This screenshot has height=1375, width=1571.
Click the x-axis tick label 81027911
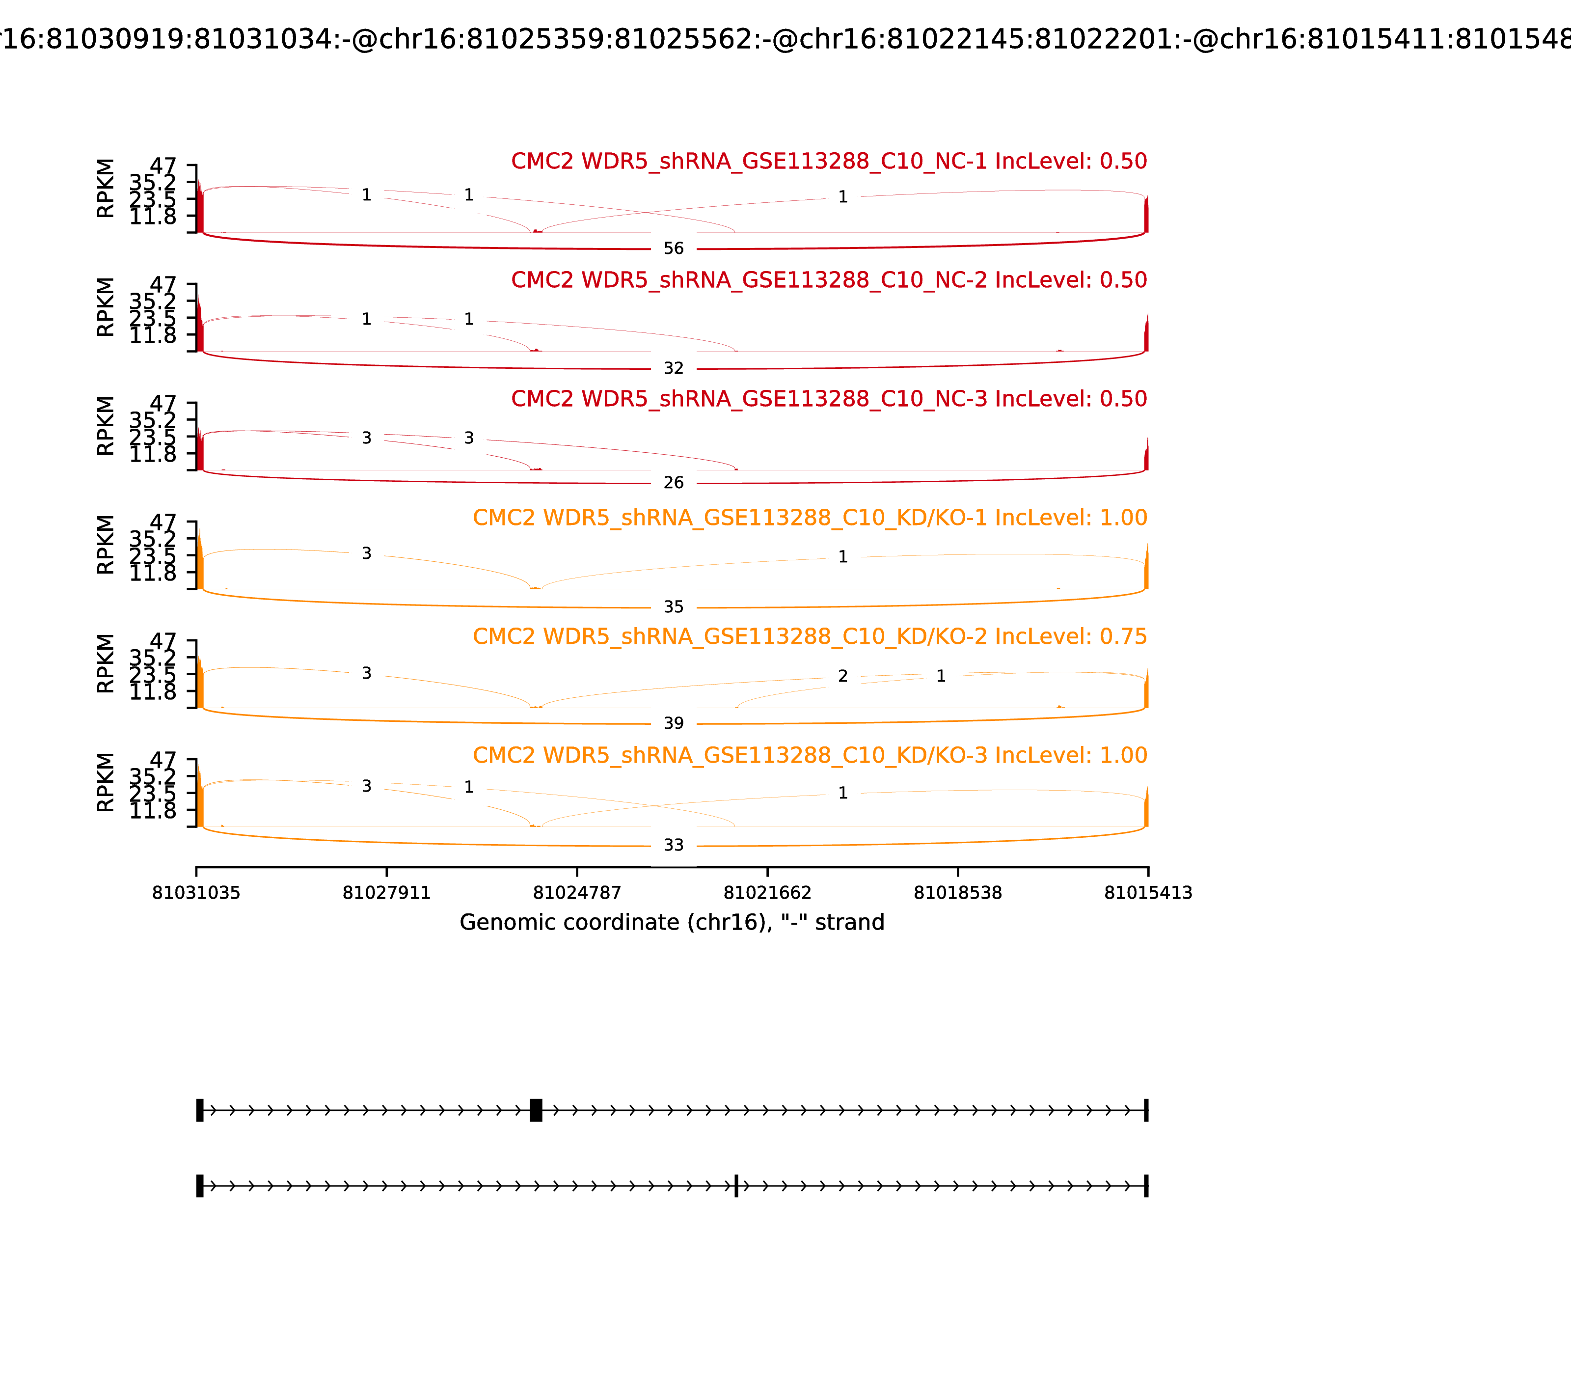[387, 893]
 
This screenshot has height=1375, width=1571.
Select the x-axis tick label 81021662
[767, 893]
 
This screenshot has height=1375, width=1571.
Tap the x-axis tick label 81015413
[1148, 893]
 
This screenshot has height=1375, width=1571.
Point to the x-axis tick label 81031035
[196, 893]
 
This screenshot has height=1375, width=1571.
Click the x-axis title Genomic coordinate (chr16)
[672, 922]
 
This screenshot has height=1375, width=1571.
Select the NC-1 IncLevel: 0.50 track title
[829, 162]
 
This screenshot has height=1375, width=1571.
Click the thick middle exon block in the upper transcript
[536, 1110]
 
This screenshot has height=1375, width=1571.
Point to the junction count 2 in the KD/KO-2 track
[842, 676]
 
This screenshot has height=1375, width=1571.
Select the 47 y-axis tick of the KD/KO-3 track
[163, 760]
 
